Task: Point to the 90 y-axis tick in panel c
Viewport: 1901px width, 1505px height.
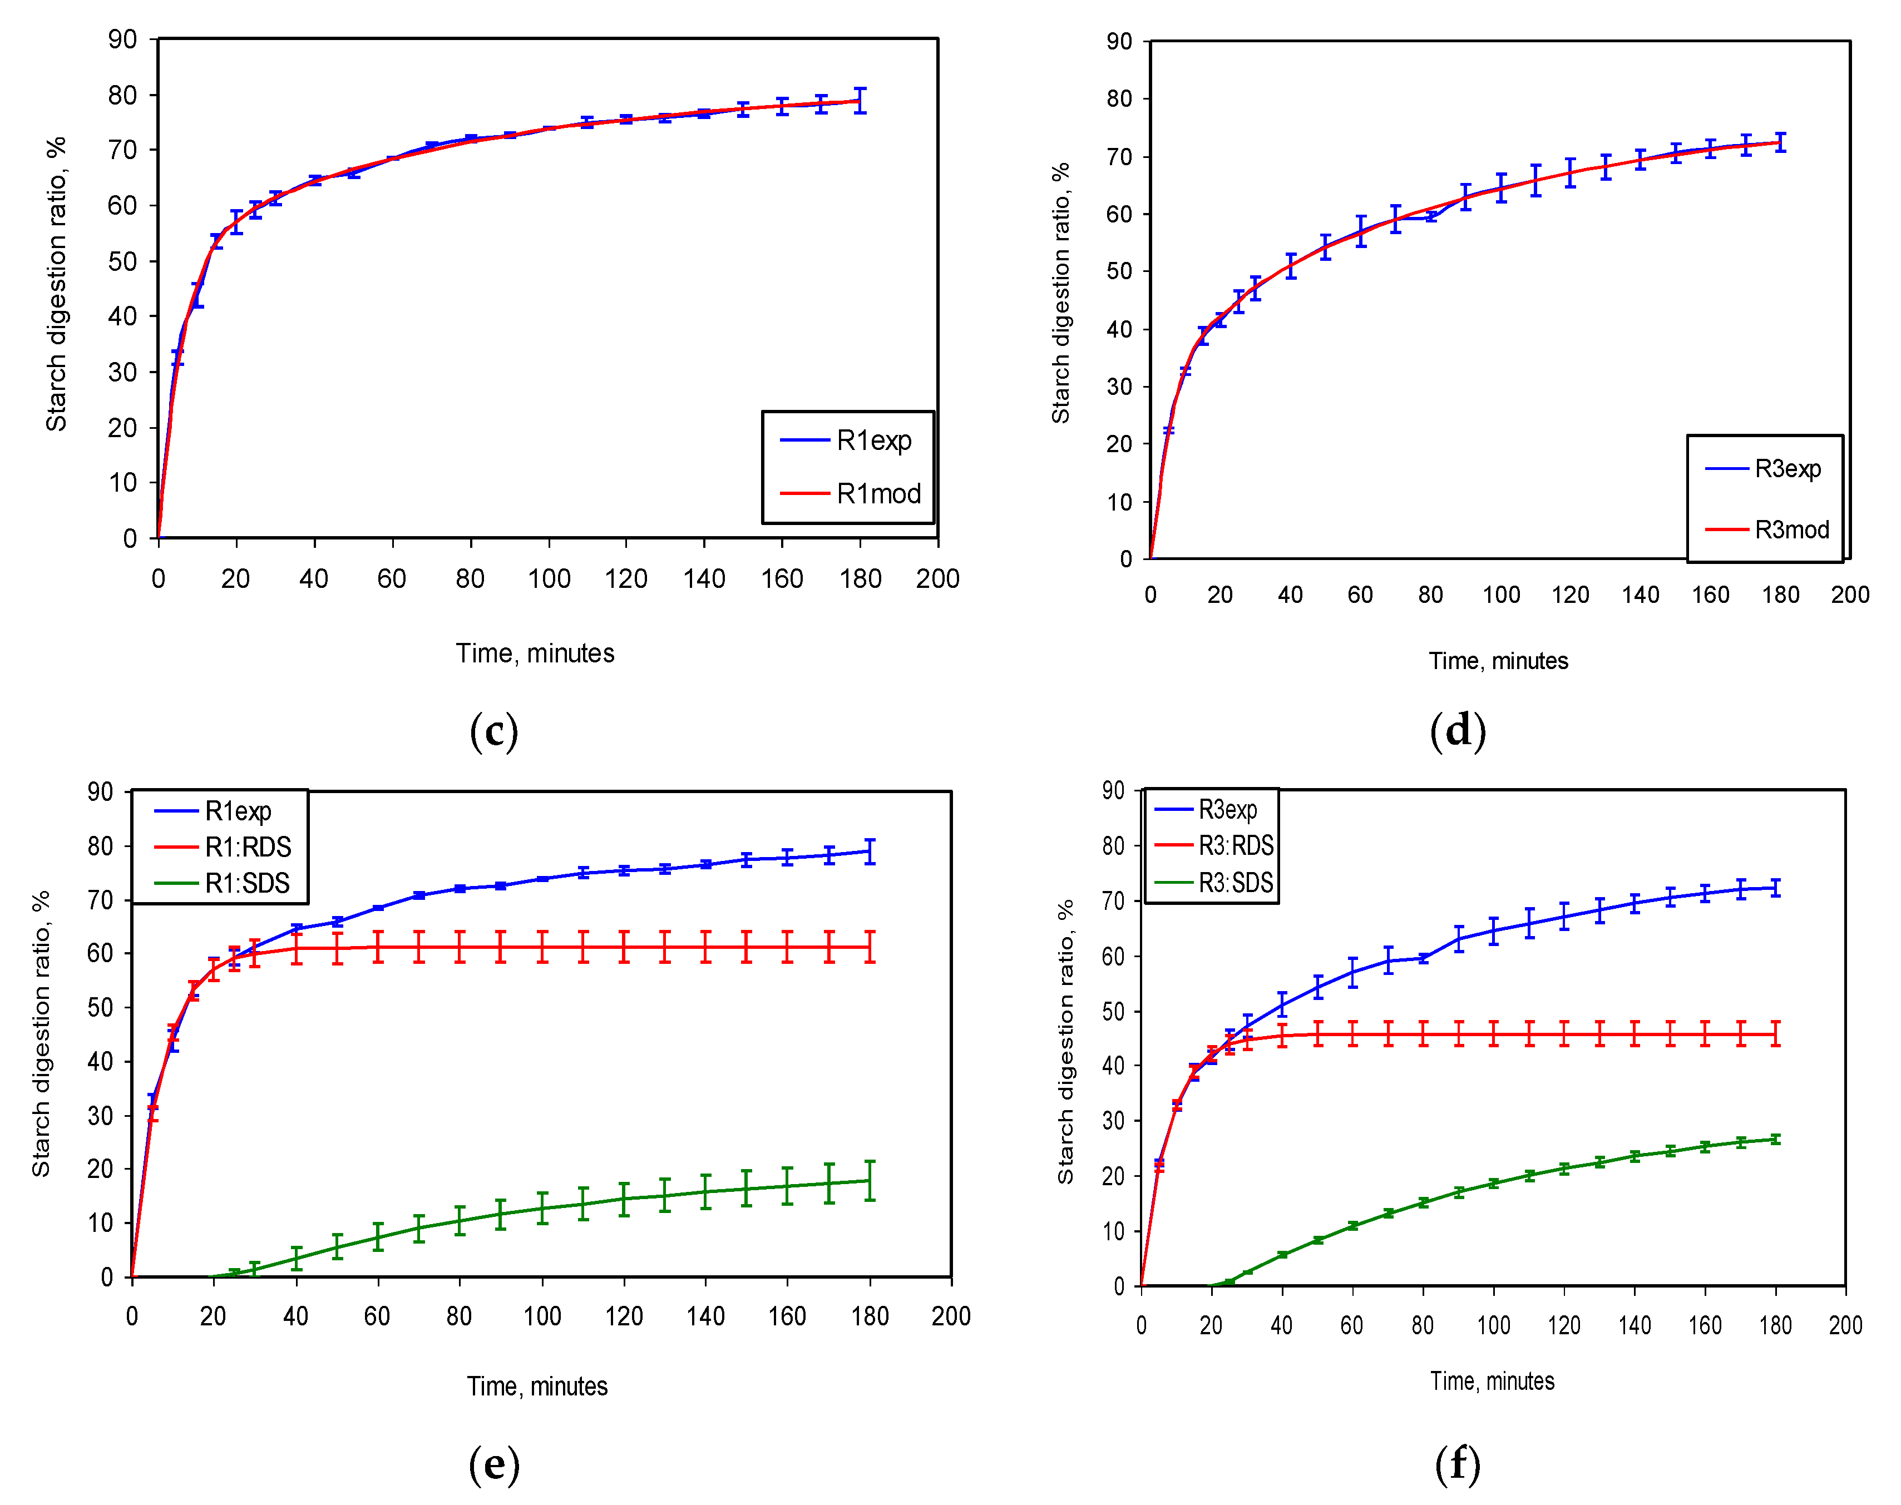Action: (x=122, y=39)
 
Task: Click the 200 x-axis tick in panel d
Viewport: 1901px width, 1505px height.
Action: (x=1849, y=595)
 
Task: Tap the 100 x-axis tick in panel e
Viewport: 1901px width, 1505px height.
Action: (x=541, y=1316)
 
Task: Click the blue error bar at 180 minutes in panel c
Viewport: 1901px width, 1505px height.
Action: (x=860, y=101)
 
